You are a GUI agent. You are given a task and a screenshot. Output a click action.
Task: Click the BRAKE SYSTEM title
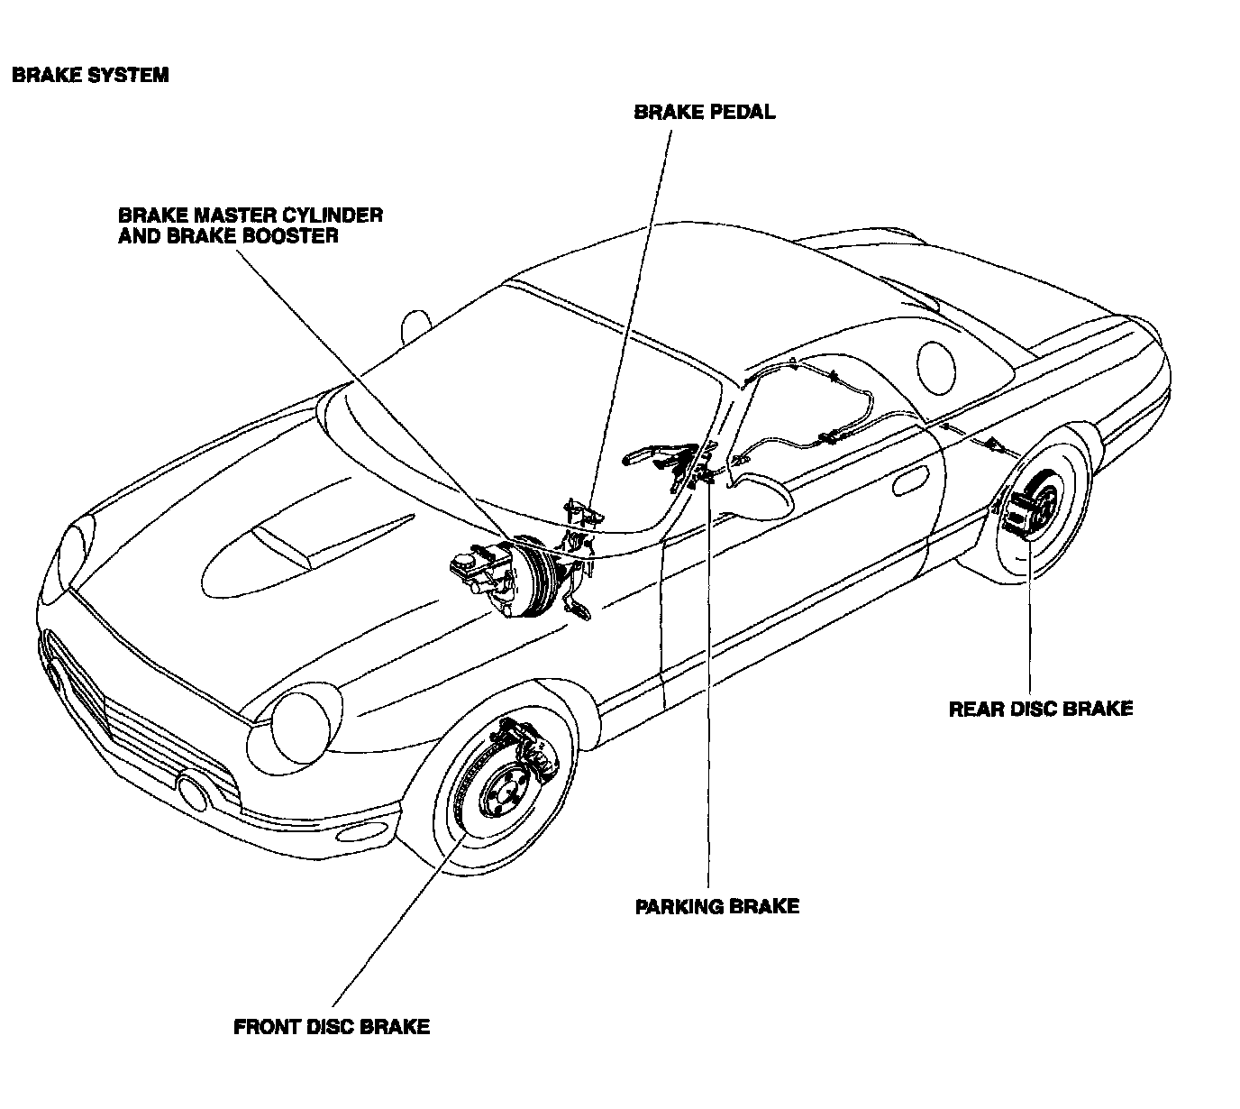pyautogui.click(x=90, y=75)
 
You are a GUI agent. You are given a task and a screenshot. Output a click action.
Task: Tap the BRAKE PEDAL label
pyautogui.click(x=704, y=113)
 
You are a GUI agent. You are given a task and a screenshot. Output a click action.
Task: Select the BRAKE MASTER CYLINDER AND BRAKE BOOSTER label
pyautogui.click(x=250, y=225)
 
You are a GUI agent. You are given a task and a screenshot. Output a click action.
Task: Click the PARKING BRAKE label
pyautogui.click(x=716, y=906)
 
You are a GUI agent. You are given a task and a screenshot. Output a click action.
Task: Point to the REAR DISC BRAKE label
pyautogui.click(x=1040, y=709)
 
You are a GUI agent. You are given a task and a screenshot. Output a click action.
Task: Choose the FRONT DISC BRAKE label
pyautogui.click(x=331, y=1027)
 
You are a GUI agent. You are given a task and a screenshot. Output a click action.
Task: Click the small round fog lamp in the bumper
pyautogui.click(x=192, y=791)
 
